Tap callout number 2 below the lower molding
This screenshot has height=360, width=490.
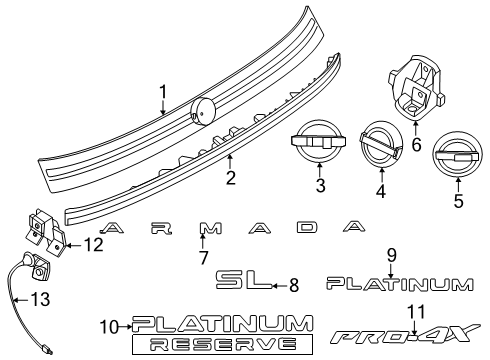[230, 178]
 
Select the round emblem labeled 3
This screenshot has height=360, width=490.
[318, 141]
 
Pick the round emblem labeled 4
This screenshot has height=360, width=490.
[381, 144]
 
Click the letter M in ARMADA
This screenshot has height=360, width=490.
[210, 228]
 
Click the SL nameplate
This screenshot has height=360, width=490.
[244, 279]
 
